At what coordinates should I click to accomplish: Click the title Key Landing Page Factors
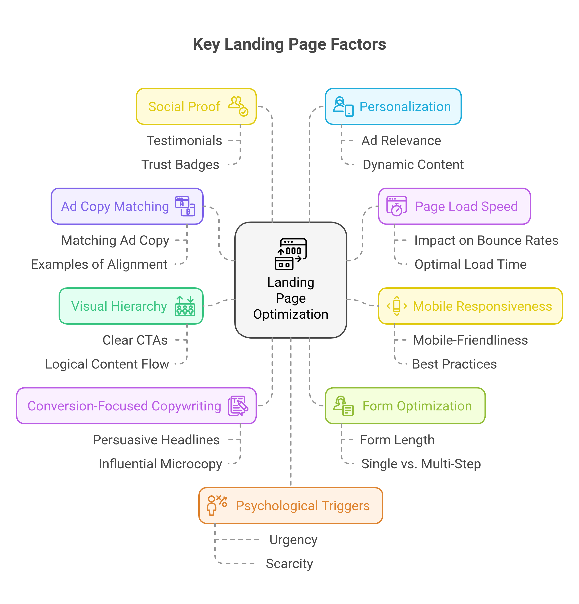pyautogui.click(x=289, y=44)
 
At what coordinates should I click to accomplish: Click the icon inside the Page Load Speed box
pyautogui.click(x=396, y=206)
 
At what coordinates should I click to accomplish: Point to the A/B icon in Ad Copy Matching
pyautogui.click(x=185, y=206)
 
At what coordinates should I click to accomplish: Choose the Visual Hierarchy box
pyautogui.click(x=131, y=306)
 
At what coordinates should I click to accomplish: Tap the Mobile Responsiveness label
pyautogui.click(x=482, y=306)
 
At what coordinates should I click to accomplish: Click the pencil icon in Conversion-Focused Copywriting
pyautogui.click(x=238, y=406)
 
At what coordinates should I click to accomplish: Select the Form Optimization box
pyautogui.click(x=405, y=406)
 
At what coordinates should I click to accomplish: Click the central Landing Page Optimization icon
pyautogui.click(x=291, y=254)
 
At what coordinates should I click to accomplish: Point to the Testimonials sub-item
pyautogui.click(x=184, y=141)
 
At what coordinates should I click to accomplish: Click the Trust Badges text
pyautogui.click(x=180, y=165)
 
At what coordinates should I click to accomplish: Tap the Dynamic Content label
pyautogui.click(x=413, y=165)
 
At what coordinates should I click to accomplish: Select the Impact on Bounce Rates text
pyautogui.click(x=486, y=240)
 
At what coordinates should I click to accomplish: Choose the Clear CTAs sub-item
pyautogui.click(x=135, y=340)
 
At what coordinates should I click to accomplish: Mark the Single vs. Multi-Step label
pyautogui.click(x=421, y=464)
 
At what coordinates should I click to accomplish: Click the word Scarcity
pyautogui.click(x=289, y=564)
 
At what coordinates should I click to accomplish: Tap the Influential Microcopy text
pyautogui.click(x=160, y=464)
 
